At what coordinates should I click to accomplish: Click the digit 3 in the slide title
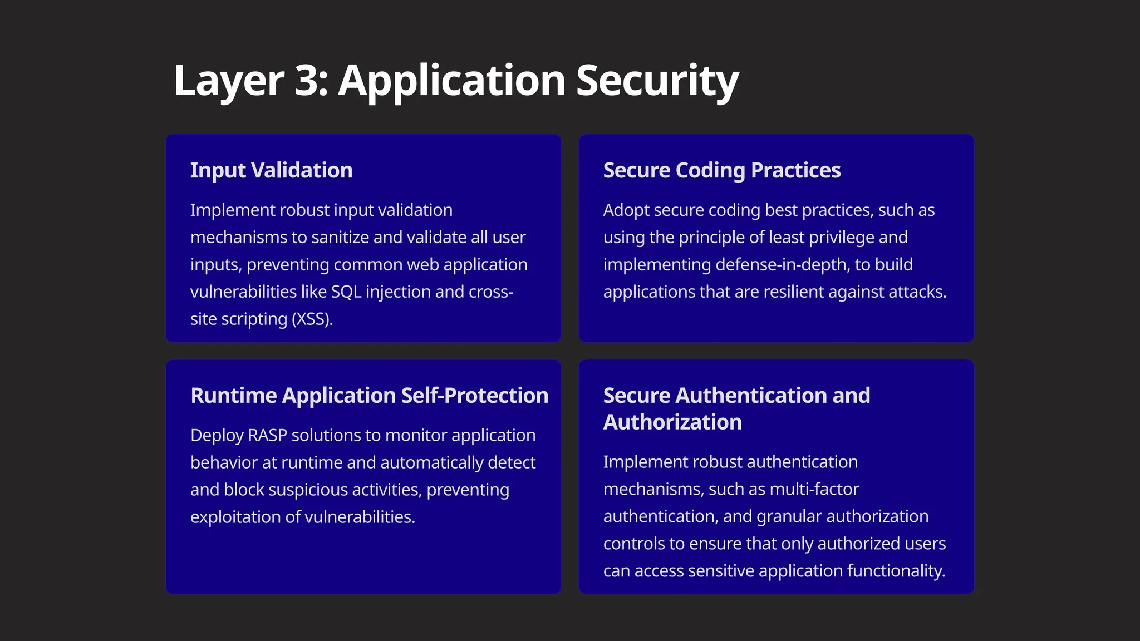point(307,81)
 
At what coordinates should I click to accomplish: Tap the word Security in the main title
point(657,81)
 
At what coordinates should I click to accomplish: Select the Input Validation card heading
point(271,170)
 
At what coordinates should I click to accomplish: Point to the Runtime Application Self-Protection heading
point(369,396)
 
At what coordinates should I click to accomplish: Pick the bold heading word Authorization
point(672,422)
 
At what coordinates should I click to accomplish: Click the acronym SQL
point(346,292)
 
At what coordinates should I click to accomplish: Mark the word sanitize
point(340,238)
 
